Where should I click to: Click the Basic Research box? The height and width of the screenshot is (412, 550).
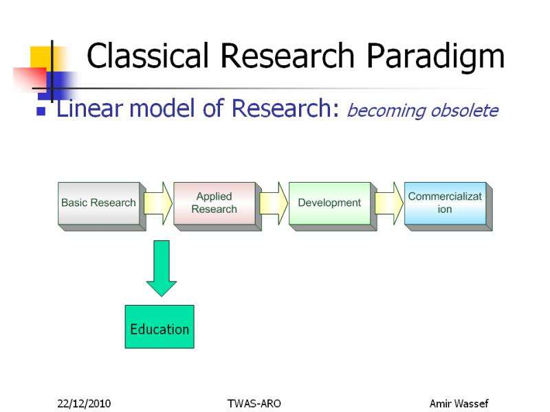[99, 203]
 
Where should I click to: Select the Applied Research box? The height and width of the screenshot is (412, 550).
[214, 203]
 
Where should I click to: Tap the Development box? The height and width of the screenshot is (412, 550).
[329, 203]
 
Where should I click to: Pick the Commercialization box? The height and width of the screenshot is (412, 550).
[445, 203]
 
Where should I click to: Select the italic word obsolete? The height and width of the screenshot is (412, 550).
[464, 110]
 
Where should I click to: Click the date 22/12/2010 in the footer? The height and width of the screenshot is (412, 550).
[84, 403]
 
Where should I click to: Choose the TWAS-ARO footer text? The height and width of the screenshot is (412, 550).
[254, 403]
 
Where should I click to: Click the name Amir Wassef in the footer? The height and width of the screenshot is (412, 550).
[459, 403]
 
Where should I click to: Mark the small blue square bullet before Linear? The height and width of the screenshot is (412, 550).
[41, 111]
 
